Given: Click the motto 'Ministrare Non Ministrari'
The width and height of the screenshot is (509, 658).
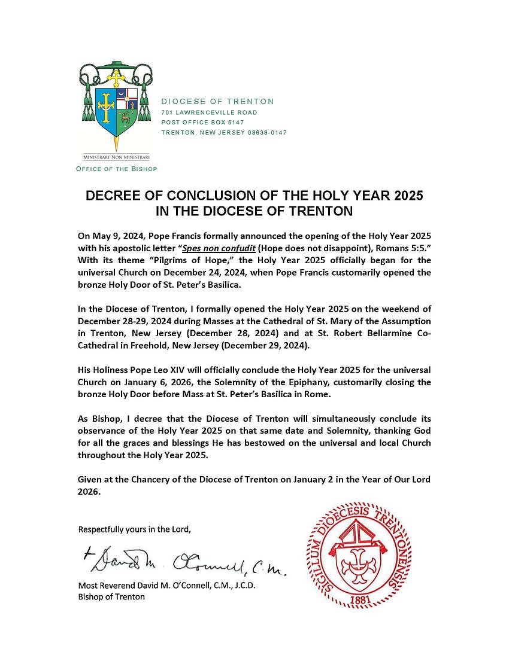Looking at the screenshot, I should point(116,157).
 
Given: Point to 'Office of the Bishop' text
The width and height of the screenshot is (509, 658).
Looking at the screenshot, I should point(116,169).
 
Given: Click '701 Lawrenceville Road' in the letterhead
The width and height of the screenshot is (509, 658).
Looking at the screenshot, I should point(210,112).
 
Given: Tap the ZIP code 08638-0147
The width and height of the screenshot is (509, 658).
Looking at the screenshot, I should point(267,132).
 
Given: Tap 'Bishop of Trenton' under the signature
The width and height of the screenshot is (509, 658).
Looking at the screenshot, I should point(111,596).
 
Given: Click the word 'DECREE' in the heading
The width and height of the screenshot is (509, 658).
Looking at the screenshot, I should point(114,196).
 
